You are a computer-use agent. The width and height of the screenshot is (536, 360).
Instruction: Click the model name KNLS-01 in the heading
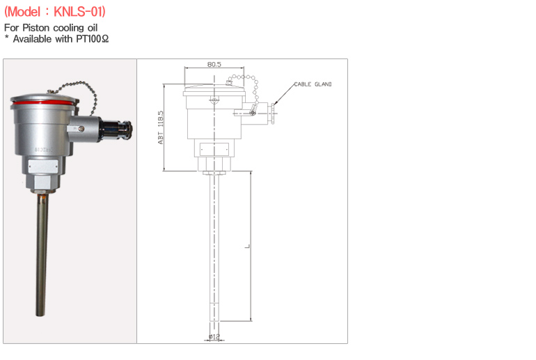(x=78, y=12)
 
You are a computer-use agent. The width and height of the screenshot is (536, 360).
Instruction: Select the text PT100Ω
(x=93, y=39)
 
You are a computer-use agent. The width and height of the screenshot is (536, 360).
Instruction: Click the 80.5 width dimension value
(x=214, y=64)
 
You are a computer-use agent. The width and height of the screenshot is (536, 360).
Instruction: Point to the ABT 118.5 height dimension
(x=161, y=127)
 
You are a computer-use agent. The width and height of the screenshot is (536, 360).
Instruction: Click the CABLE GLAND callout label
(x=313, y=84)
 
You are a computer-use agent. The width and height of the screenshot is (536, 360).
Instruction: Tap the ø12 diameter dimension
(x=214, y=337)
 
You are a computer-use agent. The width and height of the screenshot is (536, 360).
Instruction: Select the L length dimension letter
(x=248, y=246)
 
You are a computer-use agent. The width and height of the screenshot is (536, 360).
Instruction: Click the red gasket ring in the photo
(x=43, y=102)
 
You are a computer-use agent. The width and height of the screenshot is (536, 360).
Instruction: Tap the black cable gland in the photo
(x=117, y=130)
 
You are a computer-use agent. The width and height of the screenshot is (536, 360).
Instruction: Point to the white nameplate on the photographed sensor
(x=43, y=166)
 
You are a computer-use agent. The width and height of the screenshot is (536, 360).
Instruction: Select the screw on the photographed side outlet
(x=81, y=129)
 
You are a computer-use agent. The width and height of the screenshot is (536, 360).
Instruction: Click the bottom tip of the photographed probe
(x=40, y=315)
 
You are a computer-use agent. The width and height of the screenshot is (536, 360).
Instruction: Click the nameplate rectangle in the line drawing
(x=214, y=150)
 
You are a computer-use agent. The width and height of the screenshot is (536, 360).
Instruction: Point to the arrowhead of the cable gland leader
(x=275, y=102)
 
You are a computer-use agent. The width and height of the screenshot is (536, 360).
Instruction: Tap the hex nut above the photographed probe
(x=42, y=185)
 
